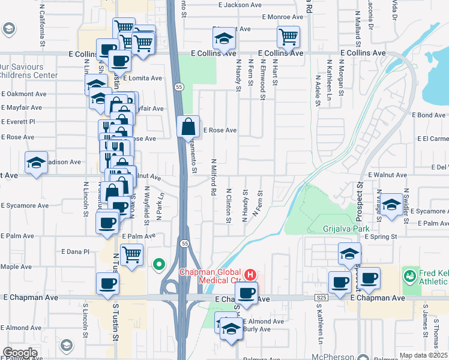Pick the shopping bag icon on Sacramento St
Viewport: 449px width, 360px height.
point(188,127)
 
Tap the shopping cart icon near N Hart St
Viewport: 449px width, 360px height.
point(288,37)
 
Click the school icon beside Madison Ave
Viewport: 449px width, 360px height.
point(36,163)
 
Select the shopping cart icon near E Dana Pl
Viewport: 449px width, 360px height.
point(131,254)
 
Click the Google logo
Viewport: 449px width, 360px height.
point(19,353)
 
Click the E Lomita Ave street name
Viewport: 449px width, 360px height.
point(142,78)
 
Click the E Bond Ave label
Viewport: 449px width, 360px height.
point(428,115)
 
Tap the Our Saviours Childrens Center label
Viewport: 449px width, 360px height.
point(28,71)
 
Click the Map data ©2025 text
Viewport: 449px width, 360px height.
point(423,355)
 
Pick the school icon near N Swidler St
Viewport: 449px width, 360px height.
point(391,205)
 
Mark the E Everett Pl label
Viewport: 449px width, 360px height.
point(19,121)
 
